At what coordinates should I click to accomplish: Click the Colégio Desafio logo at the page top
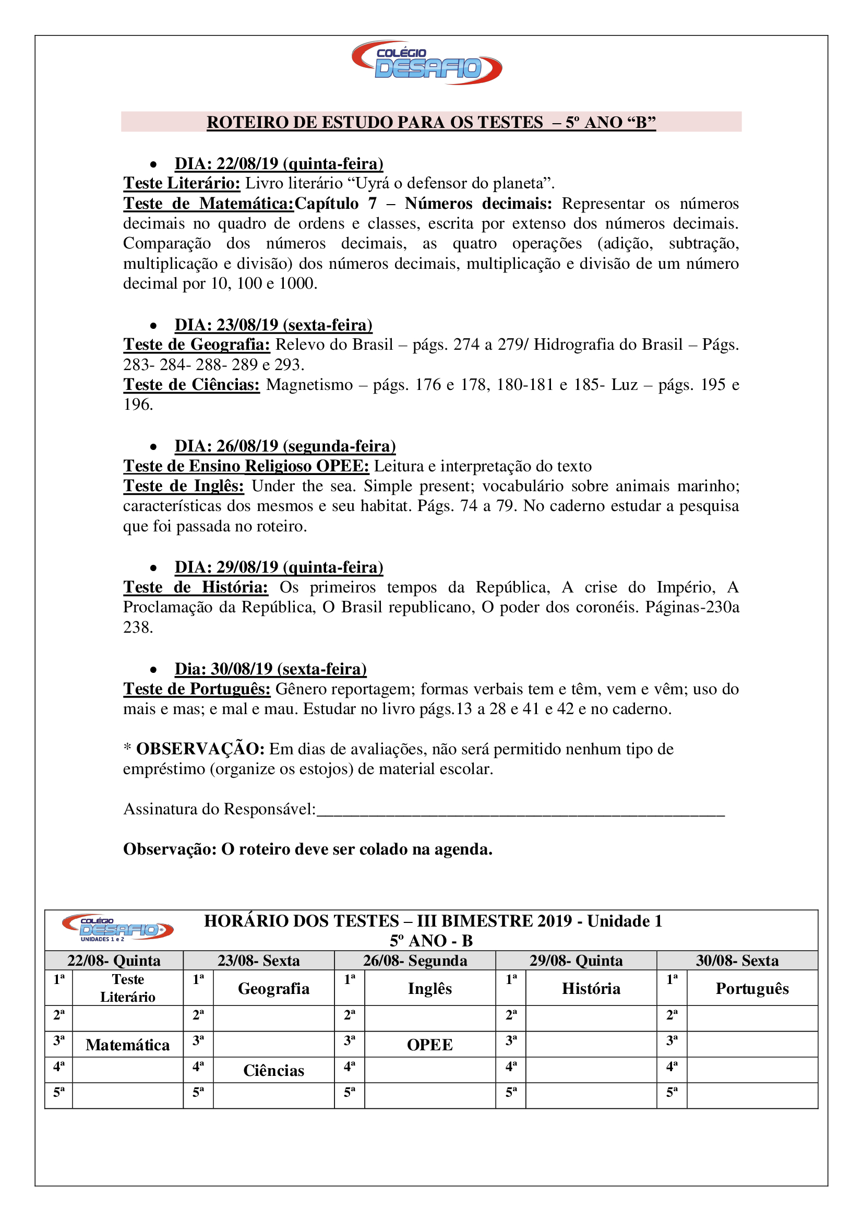tap(427, 63)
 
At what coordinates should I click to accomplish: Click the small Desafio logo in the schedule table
tap(117, 928)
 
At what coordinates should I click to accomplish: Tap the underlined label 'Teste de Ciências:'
tap(191, 385)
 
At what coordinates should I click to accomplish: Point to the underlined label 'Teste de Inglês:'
tap(183, 485)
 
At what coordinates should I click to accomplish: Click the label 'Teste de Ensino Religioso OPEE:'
tap(246, 466)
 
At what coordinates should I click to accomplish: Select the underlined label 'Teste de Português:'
tap(197, 689)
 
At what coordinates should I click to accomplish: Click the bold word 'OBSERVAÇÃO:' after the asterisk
tap(200, 749)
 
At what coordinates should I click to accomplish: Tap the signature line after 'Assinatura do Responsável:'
tap(521, 810)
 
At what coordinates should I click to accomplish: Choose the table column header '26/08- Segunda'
tap(415, 961)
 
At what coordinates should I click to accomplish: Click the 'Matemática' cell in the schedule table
tap(127, 1045)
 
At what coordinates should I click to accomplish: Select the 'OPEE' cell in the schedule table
tap(429, 1045)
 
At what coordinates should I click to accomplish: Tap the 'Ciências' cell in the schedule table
tap(274, 1071)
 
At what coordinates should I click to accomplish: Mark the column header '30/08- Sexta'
tap(737, 961)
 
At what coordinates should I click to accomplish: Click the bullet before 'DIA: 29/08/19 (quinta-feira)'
tap(153, 568)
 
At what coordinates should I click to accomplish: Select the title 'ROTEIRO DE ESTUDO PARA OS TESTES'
tap(375, 122)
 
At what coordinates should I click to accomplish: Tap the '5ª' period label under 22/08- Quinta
tap(59, 1093)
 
